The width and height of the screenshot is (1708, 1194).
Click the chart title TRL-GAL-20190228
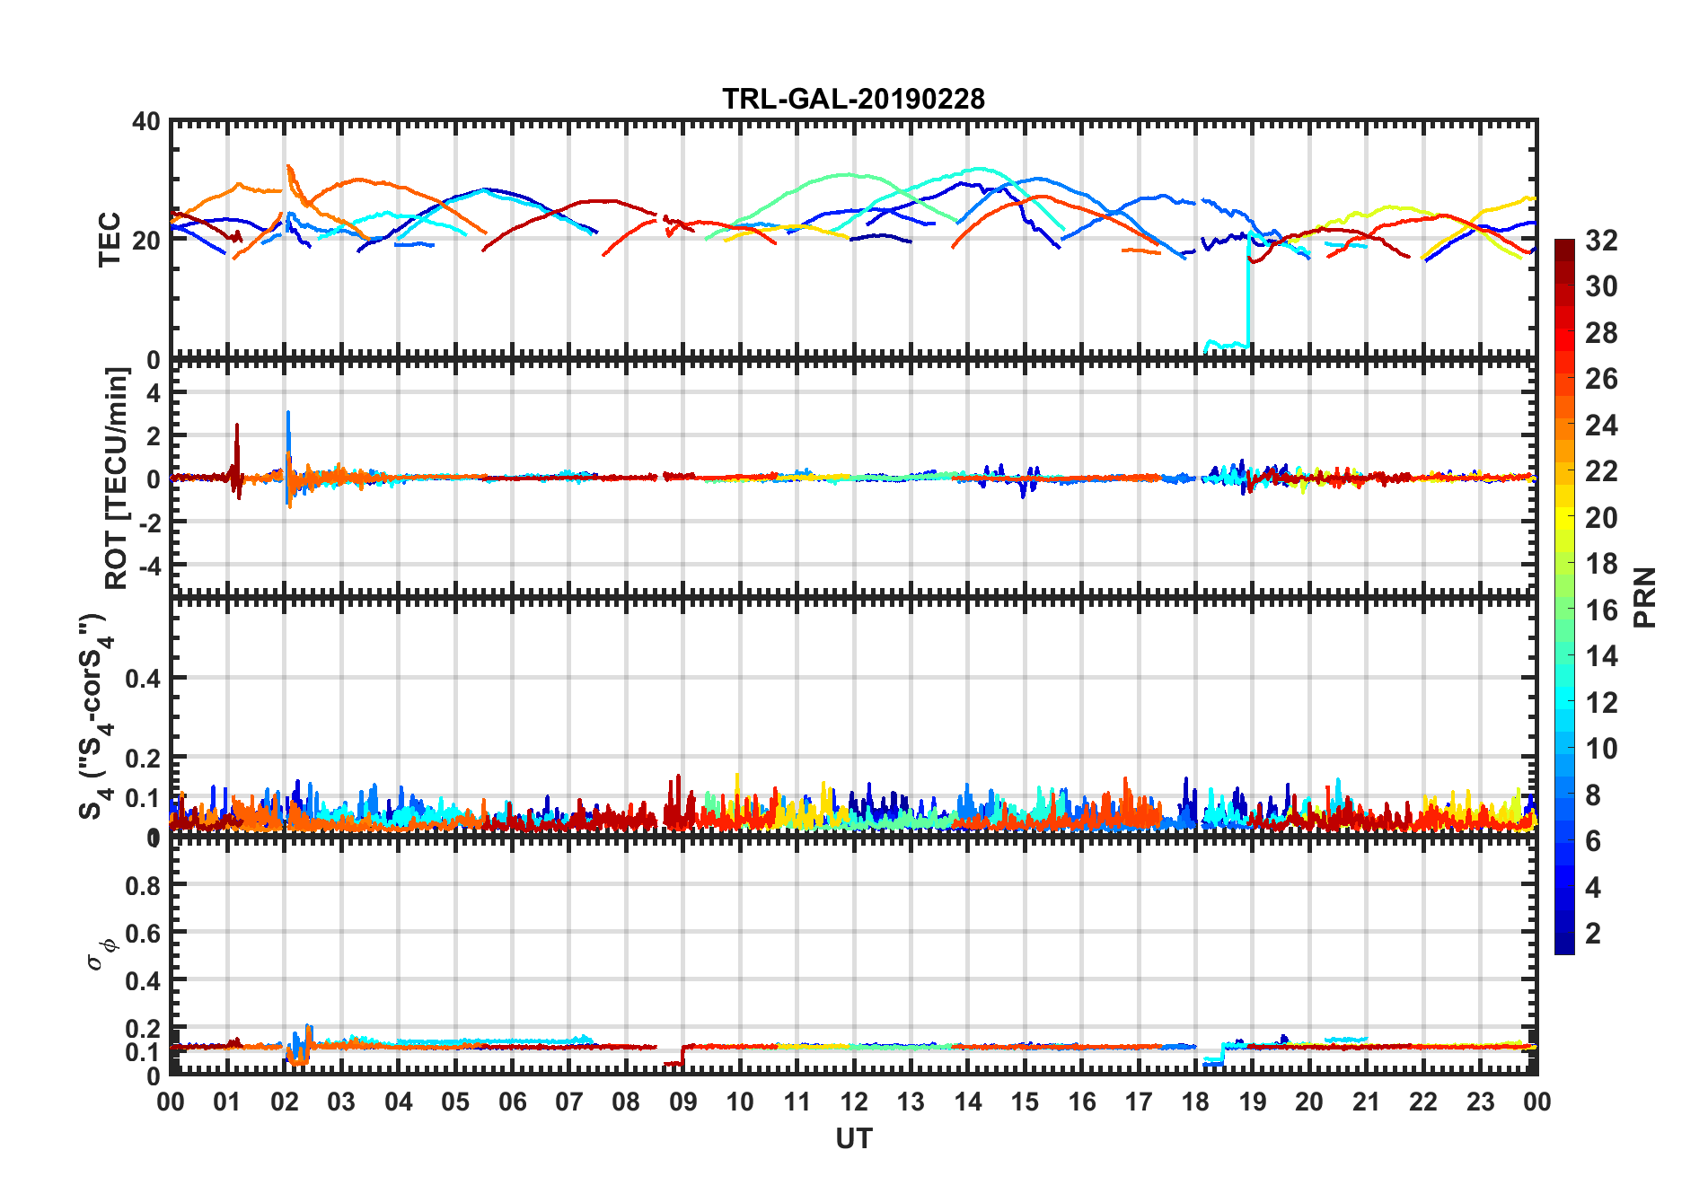tap(853, 98)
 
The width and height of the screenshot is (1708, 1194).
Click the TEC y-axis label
tap(110, 240)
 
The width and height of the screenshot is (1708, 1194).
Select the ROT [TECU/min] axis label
tap(117, 478)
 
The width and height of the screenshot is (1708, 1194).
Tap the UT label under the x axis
tap(853, 1139)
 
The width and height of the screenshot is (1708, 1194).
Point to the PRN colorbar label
tap(1645, 598)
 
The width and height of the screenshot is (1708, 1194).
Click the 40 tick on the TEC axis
tap(146, 121)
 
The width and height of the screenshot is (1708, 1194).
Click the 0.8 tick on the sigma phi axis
tap(144, 885)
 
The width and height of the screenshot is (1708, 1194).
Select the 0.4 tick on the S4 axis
tap(144, 679)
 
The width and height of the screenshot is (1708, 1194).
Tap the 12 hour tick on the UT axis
tap(854, 1102)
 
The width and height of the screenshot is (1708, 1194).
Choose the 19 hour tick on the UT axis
tap(1253, 1102)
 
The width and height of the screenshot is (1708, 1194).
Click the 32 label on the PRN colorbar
tap(1601, 241)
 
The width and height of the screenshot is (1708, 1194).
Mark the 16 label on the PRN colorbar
tap(1601, 610)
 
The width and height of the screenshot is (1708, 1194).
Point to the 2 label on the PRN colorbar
tap(1594, 934)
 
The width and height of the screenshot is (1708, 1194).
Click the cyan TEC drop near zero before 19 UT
tap(1226, 344)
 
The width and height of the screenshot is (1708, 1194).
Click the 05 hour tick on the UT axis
tap(455, 1102)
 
